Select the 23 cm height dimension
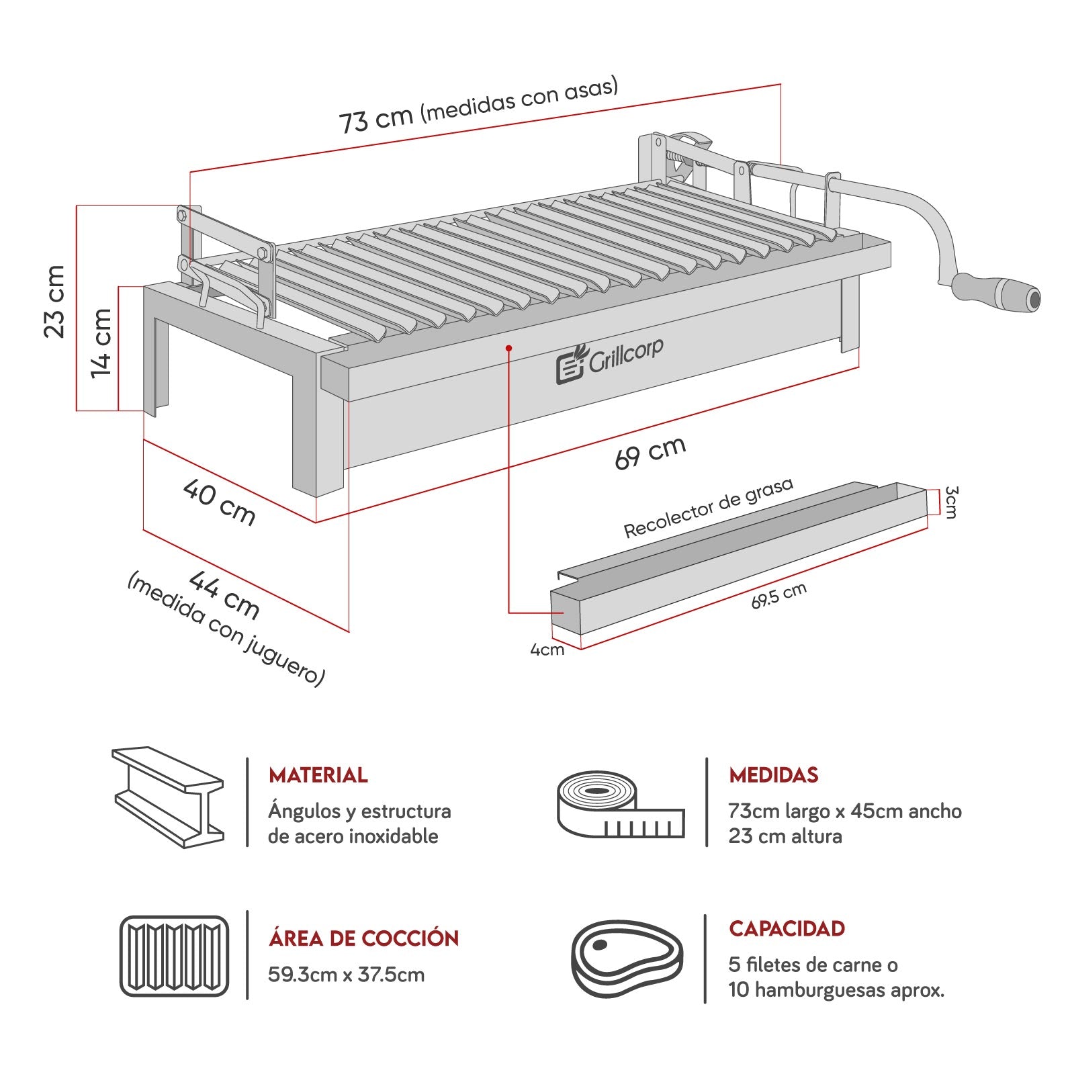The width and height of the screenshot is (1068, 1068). [x=55, y=302]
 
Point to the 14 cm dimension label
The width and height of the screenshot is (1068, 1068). [x=101, y=343]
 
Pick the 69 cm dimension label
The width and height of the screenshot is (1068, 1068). [x=650, y=452]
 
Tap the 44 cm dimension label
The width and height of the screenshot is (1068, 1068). [x=224, y=594]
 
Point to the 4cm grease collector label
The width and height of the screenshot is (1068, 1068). [x=547, y=650]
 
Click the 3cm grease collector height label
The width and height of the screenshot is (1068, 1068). [x=950, y=502]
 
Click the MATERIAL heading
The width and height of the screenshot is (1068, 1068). [x=318, y=775]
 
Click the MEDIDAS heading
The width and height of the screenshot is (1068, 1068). [x=774, y=775]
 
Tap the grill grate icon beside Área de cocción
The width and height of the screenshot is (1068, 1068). [x=174, y=955]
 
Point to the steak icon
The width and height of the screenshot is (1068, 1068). [x=627, y=959]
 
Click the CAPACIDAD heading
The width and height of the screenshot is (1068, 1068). [x=787, y=928]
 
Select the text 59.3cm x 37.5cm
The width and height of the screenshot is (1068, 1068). [x=346, y=974]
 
